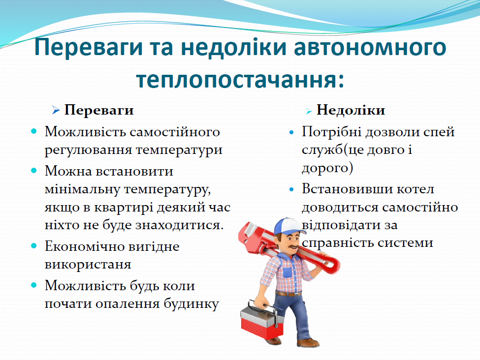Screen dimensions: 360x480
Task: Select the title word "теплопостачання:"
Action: pos(240,79)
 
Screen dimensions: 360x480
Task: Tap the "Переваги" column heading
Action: pos(99,110)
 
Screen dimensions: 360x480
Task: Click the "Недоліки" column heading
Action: pos(351,110)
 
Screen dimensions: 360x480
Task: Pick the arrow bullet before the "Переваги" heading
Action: pos(56,110)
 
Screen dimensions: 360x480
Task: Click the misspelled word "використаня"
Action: pos(88,264)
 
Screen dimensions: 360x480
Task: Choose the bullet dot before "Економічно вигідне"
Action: pos(34,245)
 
